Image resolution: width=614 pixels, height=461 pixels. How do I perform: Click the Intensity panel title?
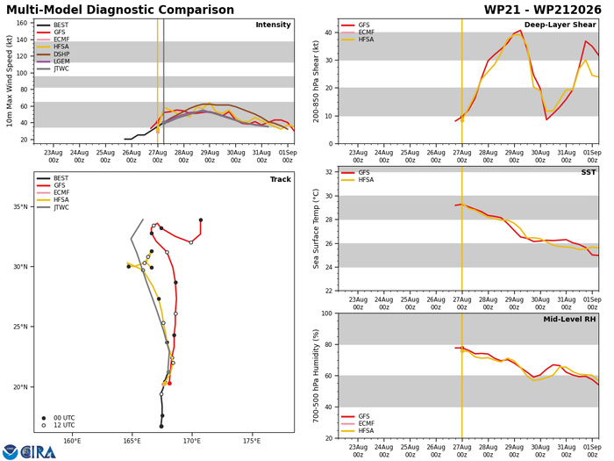(x=273, y=25)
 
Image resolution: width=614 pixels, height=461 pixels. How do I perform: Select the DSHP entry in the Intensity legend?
(x=61, y=54)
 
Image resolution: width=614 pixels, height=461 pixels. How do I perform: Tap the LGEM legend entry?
(x=61, y=61)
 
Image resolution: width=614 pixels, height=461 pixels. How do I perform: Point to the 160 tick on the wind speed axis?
(x=22, y=23)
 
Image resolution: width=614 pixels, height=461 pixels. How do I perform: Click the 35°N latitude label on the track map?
(x=20, y=206)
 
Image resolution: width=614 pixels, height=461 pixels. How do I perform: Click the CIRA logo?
(x=29, y=451)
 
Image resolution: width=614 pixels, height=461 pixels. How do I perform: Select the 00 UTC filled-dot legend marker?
(x=44, y=418)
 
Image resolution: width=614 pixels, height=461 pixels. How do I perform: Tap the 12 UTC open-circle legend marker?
(x=44, y=425)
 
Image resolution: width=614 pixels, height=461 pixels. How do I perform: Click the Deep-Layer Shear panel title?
(x=560, y=25)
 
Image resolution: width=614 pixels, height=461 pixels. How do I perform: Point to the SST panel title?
(x=589, y=172)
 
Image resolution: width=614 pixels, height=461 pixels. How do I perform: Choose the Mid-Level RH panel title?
(x=569, y=319)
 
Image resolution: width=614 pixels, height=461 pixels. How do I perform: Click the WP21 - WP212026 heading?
(x=542, y=10)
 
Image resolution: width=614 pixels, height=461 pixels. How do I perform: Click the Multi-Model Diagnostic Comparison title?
(x=120, y=10)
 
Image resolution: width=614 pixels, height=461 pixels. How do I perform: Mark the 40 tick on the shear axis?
(x=329, y=32)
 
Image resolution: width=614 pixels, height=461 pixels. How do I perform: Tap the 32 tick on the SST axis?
(x=329, y=172)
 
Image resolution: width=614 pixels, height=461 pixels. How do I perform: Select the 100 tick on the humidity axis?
(x=327, y=313)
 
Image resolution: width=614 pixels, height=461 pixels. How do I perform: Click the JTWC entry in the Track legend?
(x=61, y=207)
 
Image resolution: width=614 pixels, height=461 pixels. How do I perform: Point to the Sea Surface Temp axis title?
(x=316, y=229)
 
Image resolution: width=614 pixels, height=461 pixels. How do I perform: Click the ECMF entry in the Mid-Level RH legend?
(x=367, y=423)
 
